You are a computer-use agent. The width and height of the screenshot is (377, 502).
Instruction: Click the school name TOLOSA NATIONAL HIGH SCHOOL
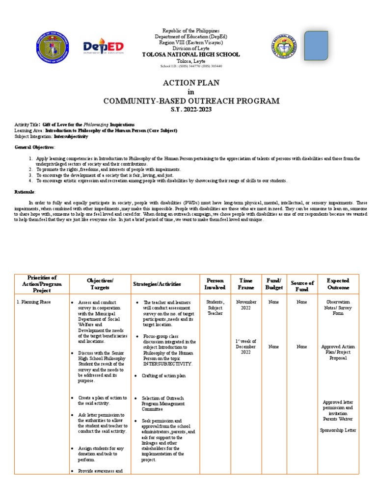[191, 54]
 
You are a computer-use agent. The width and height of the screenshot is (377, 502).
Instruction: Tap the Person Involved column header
[215, 283]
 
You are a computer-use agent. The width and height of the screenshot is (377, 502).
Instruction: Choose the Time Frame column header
[246, 283]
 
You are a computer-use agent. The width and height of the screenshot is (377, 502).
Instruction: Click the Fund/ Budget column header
[274, 283]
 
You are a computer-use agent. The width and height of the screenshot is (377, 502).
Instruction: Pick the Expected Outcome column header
[338, 283]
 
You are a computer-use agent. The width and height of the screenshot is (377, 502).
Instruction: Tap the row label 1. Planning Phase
[34, 302]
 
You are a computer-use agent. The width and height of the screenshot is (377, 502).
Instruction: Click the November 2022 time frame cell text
[246, 305]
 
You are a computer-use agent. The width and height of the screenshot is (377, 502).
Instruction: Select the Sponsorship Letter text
[338, 430]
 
